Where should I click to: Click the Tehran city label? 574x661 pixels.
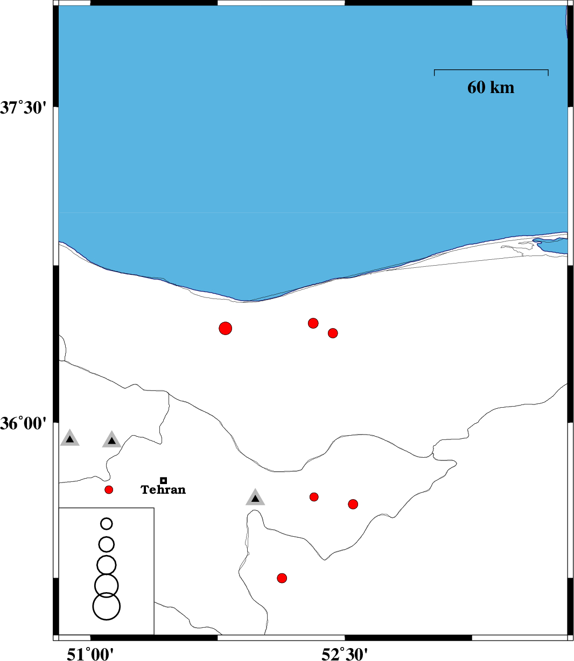163,490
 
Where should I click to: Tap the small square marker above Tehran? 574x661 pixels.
164,480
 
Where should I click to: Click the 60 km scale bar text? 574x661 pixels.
491,87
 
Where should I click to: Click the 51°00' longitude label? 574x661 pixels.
90,653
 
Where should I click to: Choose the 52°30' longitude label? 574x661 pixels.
345,653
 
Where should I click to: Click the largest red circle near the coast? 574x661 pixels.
226,328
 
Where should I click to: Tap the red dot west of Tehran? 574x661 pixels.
109,489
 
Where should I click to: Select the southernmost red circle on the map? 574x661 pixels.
282,578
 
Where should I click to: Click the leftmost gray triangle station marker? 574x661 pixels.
69,439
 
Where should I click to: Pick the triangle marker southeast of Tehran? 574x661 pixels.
255,497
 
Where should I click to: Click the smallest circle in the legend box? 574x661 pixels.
107,523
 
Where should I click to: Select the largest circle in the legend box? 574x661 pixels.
107,606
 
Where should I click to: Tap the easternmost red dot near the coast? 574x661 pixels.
333,333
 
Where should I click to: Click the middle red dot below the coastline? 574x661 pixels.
313,323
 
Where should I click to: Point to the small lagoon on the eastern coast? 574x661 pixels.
552,245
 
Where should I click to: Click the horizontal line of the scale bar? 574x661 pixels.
491,70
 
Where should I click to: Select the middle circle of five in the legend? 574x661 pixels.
107,565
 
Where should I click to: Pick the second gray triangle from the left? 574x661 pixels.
111,440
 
